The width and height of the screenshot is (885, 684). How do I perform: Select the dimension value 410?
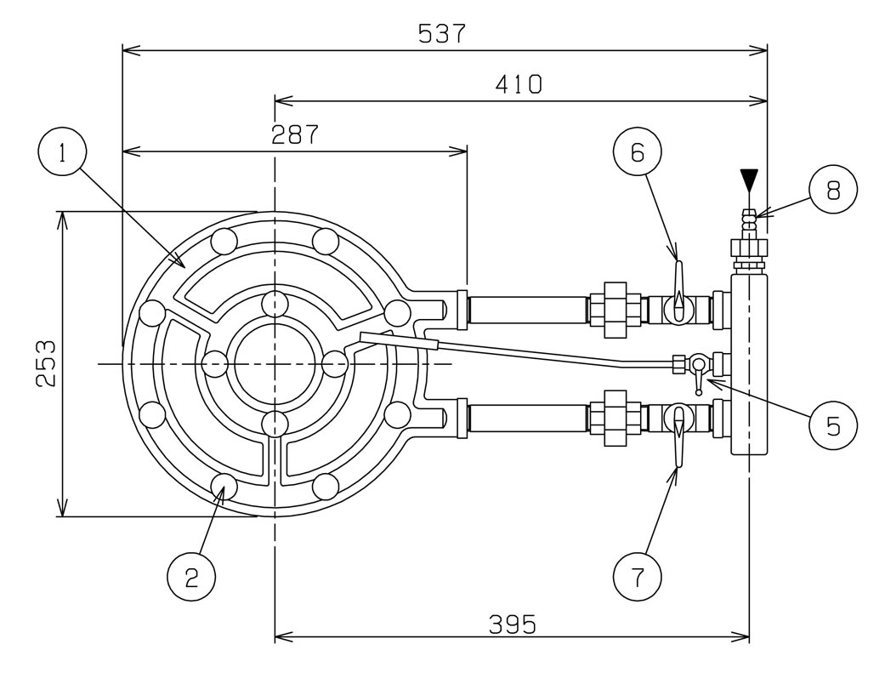519,84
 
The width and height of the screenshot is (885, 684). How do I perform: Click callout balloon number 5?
831,424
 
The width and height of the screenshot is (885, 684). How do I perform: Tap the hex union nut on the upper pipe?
615,305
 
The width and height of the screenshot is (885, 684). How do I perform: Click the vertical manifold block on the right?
749,362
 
